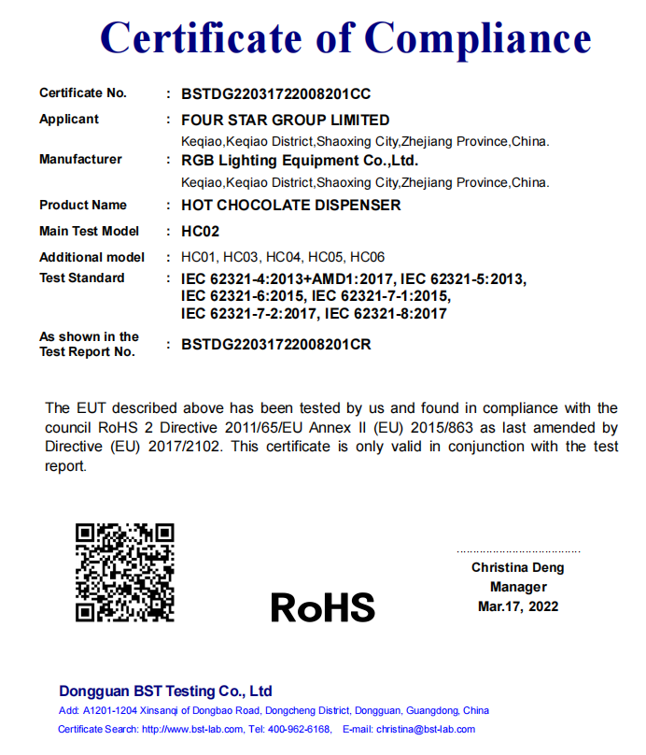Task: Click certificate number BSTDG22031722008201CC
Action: click(x=275, y=93)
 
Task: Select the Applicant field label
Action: click(x=69, y=120)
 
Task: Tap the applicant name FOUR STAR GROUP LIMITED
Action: click(x=285, y=120)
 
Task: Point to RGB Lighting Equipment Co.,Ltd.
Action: click(x=299, y=161)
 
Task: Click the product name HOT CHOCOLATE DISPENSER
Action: click(x=290, y=206)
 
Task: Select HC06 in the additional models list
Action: click(x=367, y=257)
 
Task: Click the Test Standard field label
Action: click(x=81, y=278)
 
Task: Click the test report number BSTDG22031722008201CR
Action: click(x=275, y=345)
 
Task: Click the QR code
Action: click(x=124, y=572)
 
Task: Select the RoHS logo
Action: click(x=322, y=607)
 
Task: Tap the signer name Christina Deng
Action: click(x=517, y=567)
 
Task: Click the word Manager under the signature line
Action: click(x=518, y=587)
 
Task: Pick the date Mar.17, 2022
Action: click(x=518, y=606)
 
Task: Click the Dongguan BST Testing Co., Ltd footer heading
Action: click(x=165, y=691)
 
